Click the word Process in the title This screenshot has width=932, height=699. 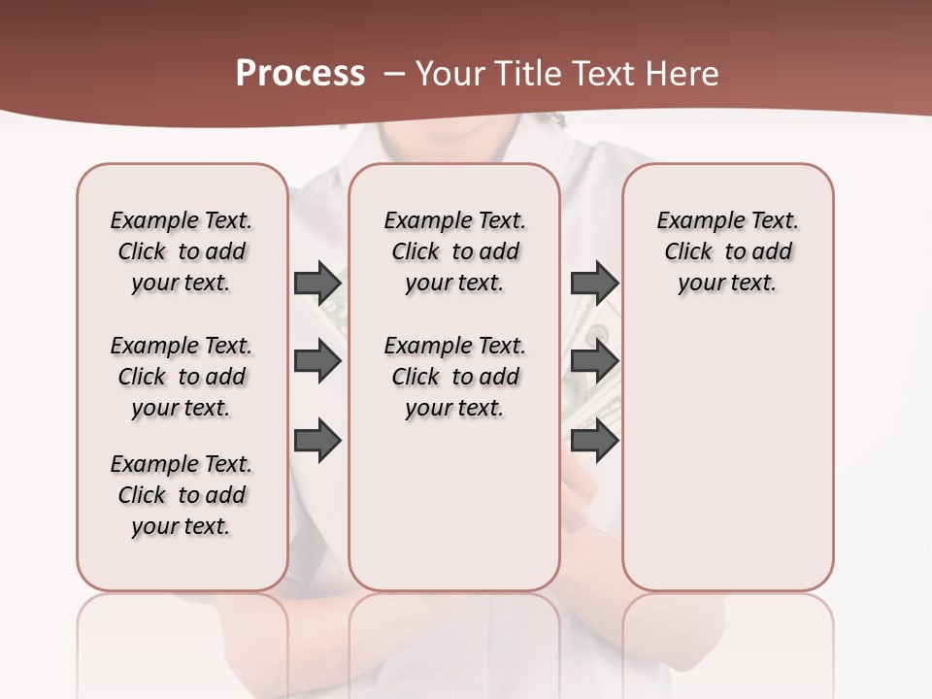300,74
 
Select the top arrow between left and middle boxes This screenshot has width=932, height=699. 317,283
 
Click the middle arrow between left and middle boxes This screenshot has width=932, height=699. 317,362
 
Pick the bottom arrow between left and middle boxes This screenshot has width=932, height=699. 317,441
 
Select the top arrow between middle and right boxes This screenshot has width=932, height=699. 594,283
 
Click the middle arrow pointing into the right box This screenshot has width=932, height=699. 594,362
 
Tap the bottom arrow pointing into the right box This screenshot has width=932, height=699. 594,441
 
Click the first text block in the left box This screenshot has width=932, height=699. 182,251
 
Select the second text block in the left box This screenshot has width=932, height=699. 182,377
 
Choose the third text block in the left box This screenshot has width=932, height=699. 182,495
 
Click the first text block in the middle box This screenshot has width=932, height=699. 454,251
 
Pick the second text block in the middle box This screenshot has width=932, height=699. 454,377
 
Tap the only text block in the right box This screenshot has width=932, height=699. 727,251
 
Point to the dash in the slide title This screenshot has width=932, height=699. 394,74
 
